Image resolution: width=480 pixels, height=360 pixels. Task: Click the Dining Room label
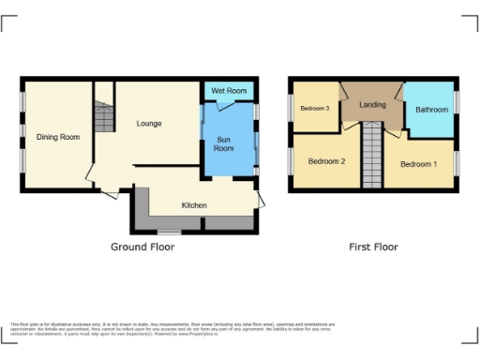58,137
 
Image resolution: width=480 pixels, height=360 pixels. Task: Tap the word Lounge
148,124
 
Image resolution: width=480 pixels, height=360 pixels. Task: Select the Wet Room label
229,90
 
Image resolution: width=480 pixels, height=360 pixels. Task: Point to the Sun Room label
224,143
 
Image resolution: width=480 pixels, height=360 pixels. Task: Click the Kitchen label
194,205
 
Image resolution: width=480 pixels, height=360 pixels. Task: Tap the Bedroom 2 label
326,161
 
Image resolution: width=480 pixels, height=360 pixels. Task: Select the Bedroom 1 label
418,164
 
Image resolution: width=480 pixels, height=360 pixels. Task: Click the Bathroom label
432,110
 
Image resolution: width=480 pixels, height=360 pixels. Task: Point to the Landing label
373,104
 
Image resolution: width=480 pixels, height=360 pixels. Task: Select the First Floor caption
374,247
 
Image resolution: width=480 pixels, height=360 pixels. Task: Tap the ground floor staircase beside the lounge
102,117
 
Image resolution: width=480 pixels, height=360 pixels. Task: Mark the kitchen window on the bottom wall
169,232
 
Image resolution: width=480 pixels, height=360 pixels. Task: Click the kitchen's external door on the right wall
262,199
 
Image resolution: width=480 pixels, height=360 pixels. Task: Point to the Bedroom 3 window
291,108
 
